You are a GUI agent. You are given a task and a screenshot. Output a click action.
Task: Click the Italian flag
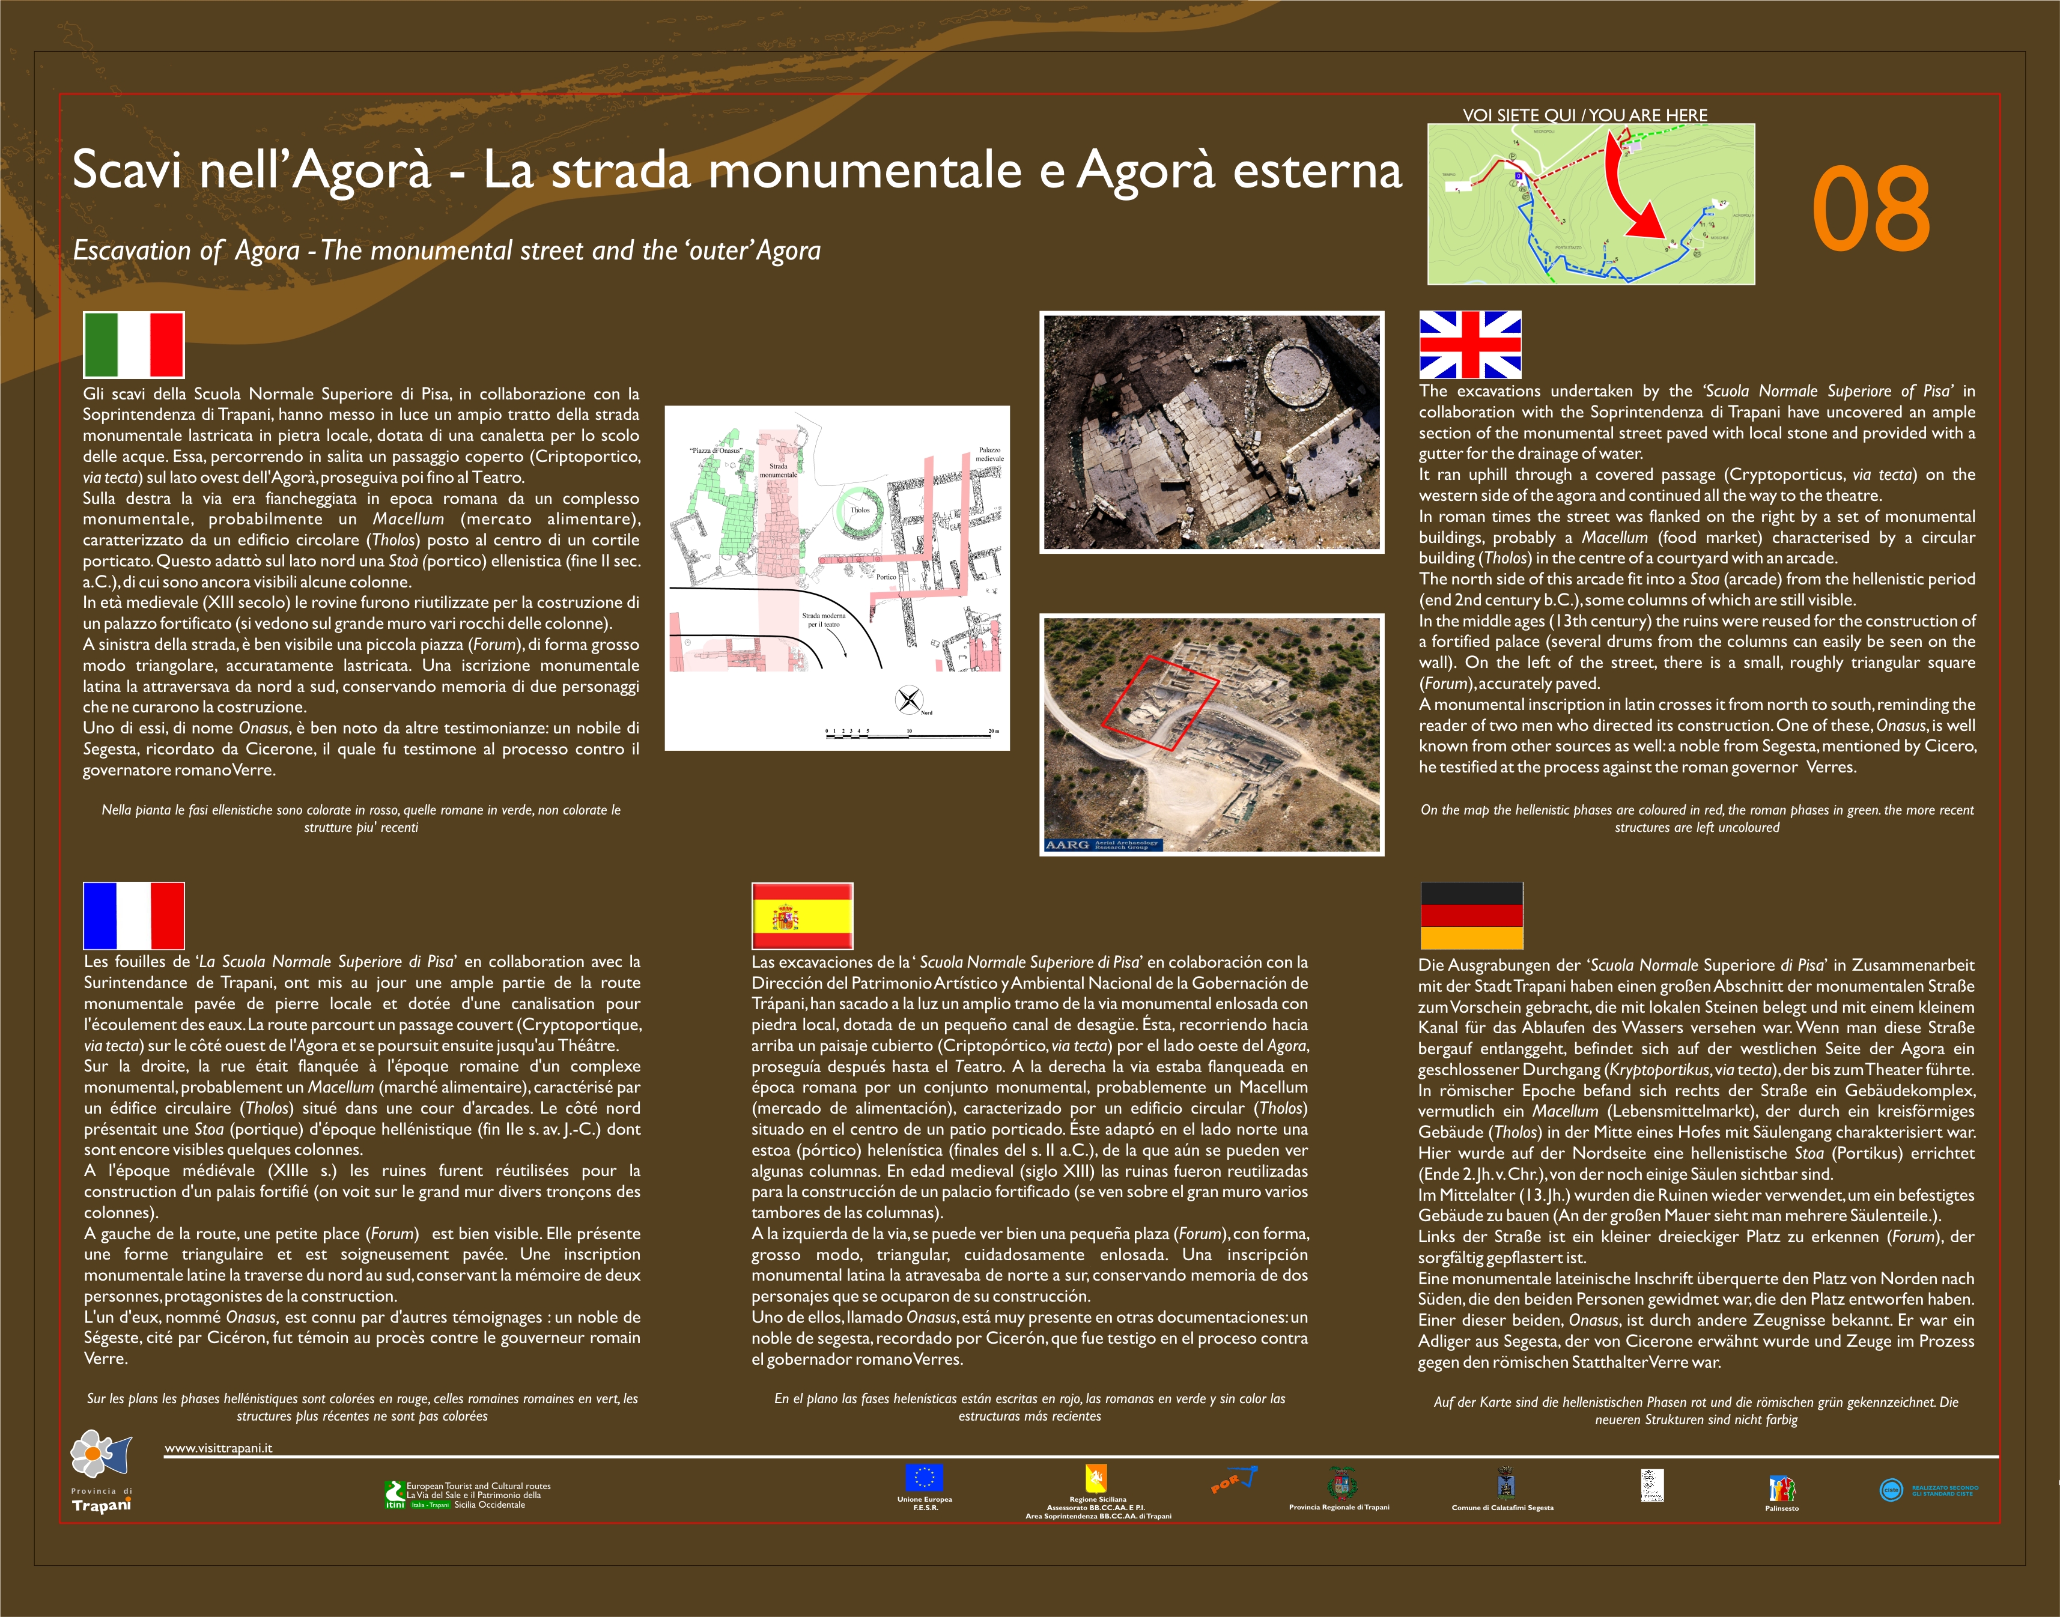pos(133,345)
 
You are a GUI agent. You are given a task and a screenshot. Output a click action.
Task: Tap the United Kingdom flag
pos(1469,345)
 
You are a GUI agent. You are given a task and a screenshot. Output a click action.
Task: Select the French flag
pos(133,915)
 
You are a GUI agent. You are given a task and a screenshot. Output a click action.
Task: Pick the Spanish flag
pos(802,915)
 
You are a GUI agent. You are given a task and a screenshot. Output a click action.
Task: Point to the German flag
pos(1471,915)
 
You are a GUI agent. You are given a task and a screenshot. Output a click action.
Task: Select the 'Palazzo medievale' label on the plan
pos(989,455)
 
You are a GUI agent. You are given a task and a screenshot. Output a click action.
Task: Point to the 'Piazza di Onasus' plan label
pos(716,451)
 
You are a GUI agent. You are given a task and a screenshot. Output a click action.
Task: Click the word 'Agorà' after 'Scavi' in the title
pos(362,171)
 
